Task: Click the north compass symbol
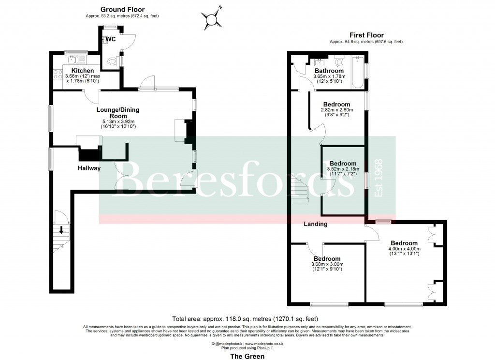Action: (211, 19)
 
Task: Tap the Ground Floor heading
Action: (122, 10)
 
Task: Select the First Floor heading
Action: (366, 35)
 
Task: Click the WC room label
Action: (110, 39)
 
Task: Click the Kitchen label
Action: (82, 71)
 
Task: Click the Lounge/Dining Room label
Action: (118, 113)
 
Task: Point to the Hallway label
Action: (89, 168)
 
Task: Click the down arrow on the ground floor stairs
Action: (61, 230)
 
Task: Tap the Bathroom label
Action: (329, 71)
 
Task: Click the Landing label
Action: (315, 224)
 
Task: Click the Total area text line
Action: (245, 319)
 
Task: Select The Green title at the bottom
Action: (247, 357)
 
